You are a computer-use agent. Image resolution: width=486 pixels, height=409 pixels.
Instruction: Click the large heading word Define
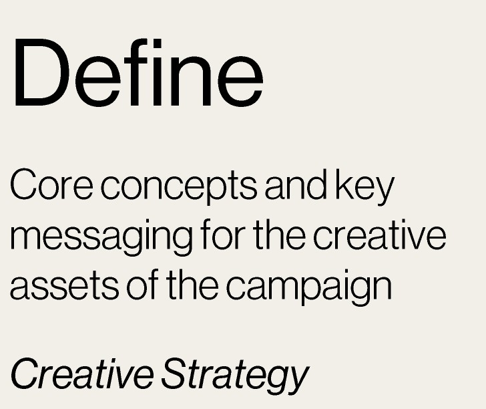coord(139,73)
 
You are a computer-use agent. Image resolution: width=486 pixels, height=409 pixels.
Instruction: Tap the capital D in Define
coord(41,73)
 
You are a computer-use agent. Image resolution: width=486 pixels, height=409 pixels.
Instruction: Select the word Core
coord(51,184)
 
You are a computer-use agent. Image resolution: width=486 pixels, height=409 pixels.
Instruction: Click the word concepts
coord(179,186)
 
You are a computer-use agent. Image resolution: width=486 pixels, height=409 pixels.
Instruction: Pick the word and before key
coord(296,184)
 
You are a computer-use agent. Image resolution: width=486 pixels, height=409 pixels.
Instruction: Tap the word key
coord(364,187)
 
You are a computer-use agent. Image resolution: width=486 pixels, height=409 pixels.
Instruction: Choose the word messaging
coord(101,238)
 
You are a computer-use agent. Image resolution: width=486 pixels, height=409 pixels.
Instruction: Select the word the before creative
coord(279,235)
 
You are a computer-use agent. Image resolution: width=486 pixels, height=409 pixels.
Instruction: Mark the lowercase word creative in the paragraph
coord(379,235)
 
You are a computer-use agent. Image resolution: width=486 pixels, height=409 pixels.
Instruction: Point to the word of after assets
coord(143,285)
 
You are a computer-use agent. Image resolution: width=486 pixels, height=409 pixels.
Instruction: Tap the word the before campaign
coord(192,285)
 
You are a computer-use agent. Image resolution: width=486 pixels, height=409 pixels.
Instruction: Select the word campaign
coord(308,287)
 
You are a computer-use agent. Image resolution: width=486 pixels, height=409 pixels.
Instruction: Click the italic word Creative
coord(82,374)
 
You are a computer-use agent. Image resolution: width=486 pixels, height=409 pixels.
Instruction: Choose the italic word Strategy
coord(235,376)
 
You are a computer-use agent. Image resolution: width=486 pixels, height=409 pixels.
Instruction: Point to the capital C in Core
coord(24,184)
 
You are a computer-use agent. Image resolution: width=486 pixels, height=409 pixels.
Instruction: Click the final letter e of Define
coord(240,82)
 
